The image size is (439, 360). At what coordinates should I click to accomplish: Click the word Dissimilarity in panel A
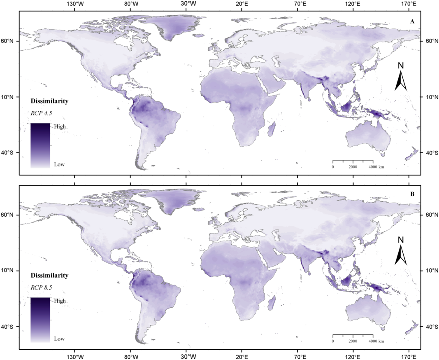(49, 101)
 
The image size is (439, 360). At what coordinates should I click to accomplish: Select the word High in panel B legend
(60, 301)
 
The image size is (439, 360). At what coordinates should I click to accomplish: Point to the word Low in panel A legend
(59, 164)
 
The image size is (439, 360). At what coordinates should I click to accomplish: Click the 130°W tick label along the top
(75, 4)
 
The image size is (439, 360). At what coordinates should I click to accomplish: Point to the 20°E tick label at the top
(242, 4)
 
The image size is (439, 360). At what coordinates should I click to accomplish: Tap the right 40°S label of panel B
(430, 327)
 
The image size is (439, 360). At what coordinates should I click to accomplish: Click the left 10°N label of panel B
(9, 271)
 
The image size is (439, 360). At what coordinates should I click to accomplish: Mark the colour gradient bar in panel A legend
(40, 145)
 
